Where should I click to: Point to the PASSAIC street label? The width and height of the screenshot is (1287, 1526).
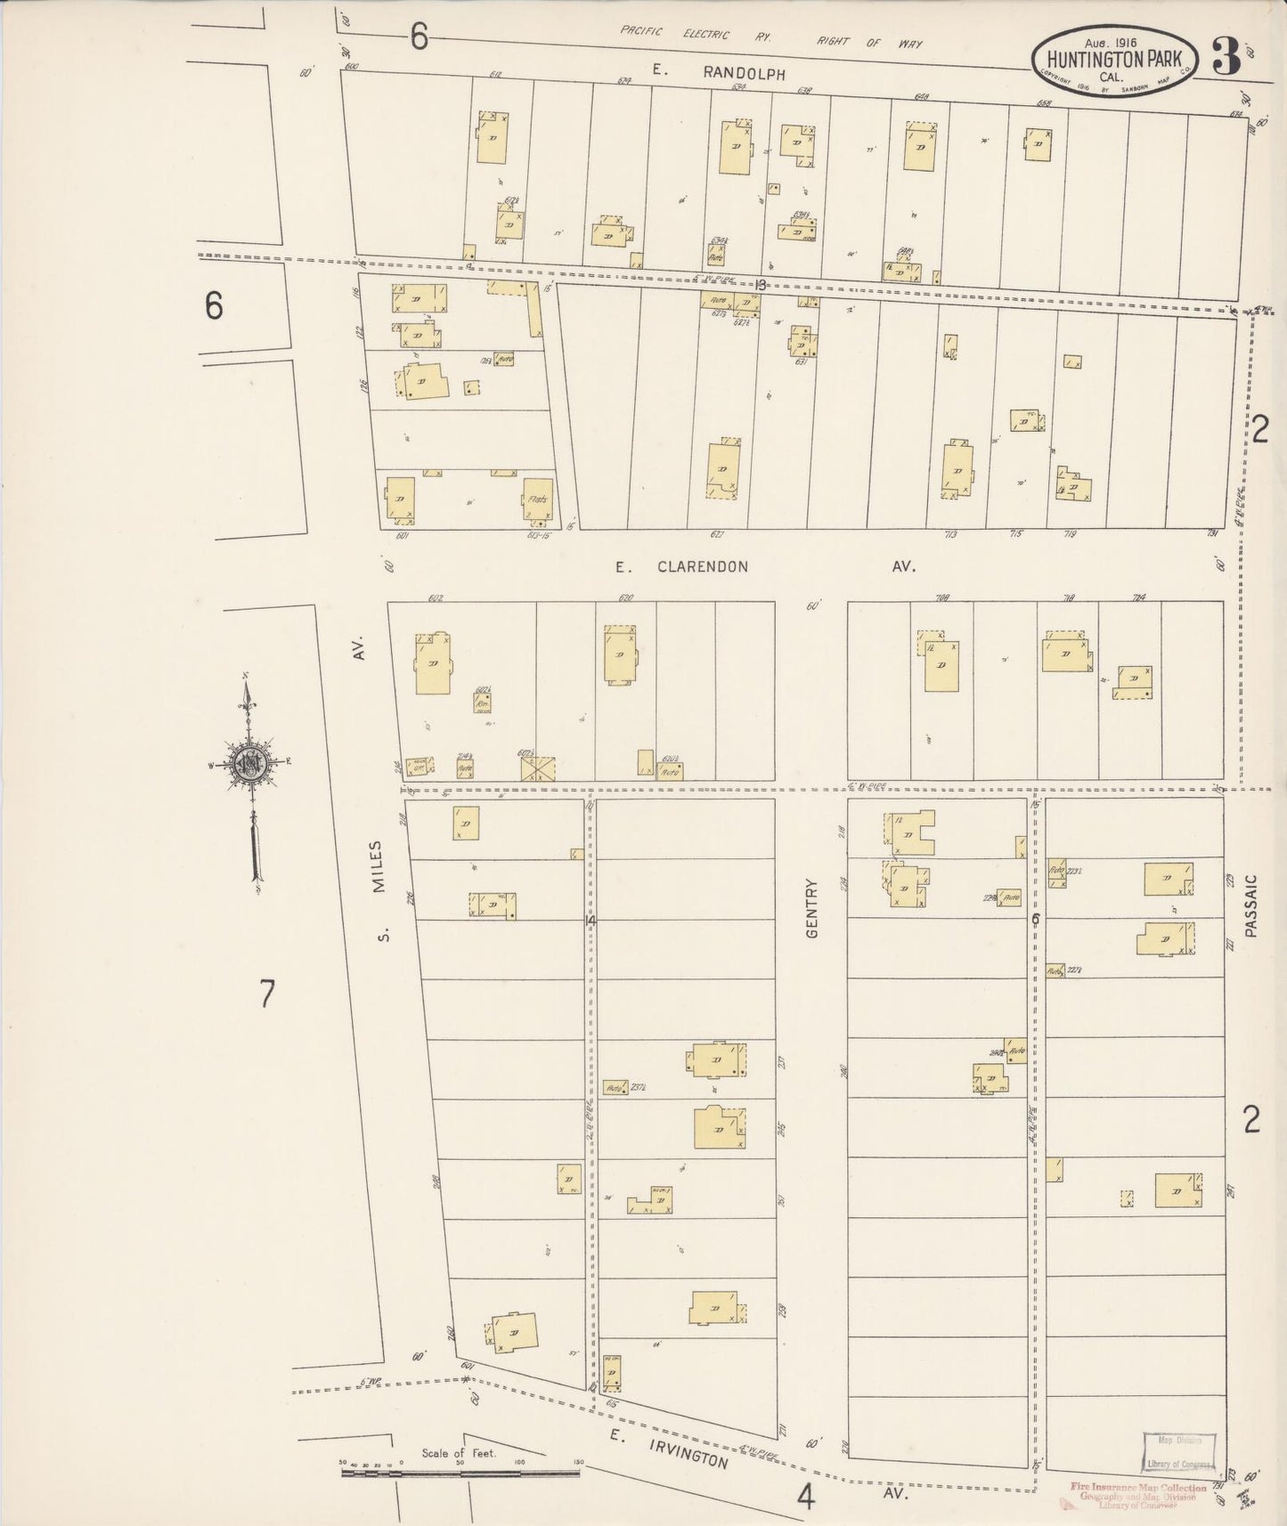pos(1251,905)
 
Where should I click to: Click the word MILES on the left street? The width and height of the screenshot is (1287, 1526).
pos(378,867)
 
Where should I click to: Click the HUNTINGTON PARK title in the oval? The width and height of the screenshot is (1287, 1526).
pos(1114,59)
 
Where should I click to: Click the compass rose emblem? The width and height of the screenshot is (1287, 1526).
pos(248,763)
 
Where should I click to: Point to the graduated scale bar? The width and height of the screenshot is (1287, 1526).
pos(460,1473)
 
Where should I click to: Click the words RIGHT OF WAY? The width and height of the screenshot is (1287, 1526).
pos(870,42)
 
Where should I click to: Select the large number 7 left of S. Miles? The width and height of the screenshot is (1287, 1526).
pos(267,993)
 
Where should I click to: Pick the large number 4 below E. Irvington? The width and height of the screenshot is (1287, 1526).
pos(806,1498)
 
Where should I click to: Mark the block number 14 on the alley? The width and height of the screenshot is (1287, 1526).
pos(589,921)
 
